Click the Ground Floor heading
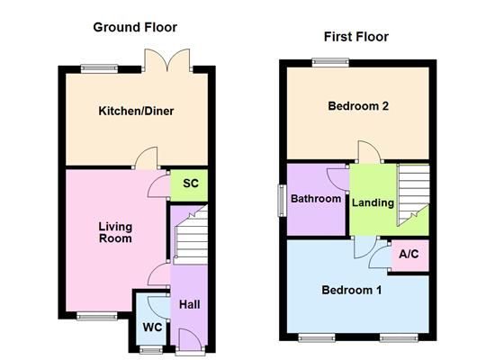pyautogui.click(x=135, y=27)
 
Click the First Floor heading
pyautogui.click(x=356, y=37)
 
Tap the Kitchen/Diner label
pyautogui.click(x=136, y=112)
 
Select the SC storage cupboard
pyautogui.click(x=189, y=185)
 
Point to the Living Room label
pyautogui.click(x=115, y=232)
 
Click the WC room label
pyautogui.click(x=152, y=328)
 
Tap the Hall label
pyautogui.click(x=189, y=304)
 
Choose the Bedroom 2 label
pyautogui.click(x=358, y=106)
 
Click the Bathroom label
pyautogui.click(x=316, y=199)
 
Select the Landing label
pyautogui.click(x=373, y=202)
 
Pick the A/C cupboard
pyautogui.click(x=410, y=256)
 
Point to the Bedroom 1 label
pyautogui.click(x=351, y=290)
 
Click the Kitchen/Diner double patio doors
pyautogui.click(x=167, y=60)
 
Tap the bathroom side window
pyautogui.click(x=282, y=201)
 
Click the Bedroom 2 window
pyautogui.click(x=331, y=62)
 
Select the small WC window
pyautogui.click(x=151, y=349)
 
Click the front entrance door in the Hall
pyautogui.click(x=190, y=341)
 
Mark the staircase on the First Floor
pyautogui.click(x=413, y=195)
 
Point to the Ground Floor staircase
pyautogui.click(x=191, y=234)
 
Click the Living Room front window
pyautogui.click(x=97, y=316)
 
